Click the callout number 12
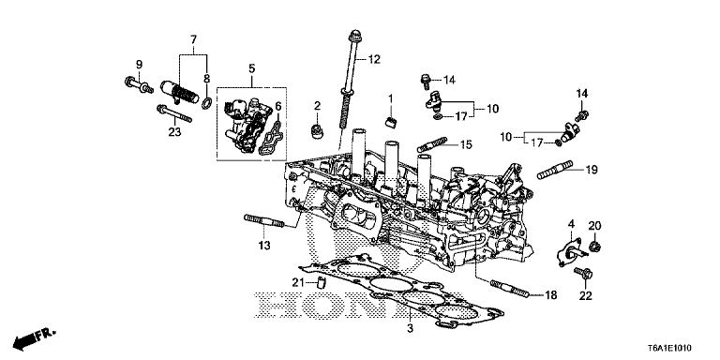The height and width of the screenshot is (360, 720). coord(373,60)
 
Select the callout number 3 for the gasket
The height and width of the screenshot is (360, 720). coord(410,327)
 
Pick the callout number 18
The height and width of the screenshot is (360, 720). coord(551,294)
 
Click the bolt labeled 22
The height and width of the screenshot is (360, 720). coord(588,274)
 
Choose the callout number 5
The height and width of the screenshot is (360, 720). coord(251,68)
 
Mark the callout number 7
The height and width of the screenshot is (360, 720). coord(193,38)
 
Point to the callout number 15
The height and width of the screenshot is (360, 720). coord(464,144)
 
